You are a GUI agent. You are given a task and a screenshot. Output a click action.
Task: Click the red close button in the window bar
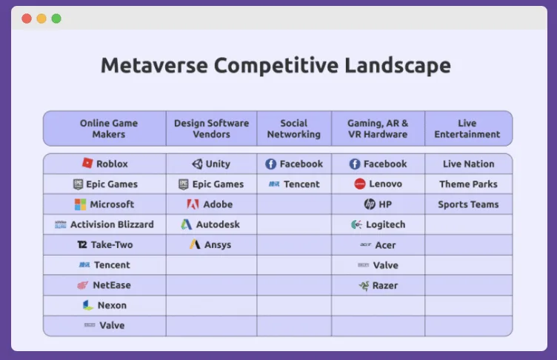(x=27, y=19)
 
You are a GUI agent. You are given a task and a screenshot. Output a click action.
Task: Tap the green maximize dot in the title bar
(x=56, y=19)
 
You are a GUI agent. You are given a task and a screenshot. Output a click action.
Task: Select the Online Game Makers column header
(x=109, y=129)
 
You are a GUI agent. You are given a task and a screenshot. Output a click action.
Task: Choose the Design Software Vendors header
(x=211, y=129)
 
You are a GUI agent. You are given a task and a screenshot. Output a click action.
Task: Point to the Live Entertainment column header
(x=467, y=129)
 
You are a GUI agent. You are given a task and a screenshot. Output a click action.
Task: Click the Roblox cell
(x=104, y=164)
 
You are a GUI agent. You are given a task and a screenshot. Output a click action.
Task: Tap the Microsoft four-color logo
(x=80, y=204)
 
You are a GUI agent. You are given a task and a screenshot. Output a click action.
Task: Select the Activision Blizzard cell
(x=104, y=224)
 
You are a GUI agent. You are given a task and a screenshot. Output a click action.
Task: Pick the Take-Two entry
(x=104, y=244)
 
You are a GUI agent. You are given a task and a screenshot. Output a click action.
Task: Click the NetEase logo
(x=82, y=285)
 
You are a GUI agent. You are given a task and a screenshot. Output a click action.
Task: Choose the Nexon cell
(x=104, y=305)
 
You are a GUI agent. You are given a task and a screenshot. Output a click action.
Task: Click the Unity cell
(x=211, y=164)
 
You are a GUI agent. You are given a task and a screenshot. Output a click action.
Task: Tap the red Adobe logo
(x=193, y=204)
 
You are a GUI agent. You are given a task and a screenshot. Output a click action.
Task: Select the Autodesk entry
(x=211, y=224)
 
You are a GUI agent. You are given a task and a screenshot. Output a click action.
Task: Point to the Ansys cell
(x=211, y=244)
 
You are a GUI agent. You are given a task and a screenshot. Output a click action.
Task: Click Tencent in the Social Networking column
(x=294, y=184)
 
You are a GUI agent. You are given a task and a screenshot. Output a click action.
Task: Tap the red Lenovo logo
(x=360, y=184)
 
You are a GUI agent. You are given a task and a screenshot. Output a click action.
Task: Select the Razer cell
(x=378, y=285)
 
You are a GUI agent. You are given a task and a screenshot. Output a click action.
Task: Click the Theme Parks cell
(x=468, y=184)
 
